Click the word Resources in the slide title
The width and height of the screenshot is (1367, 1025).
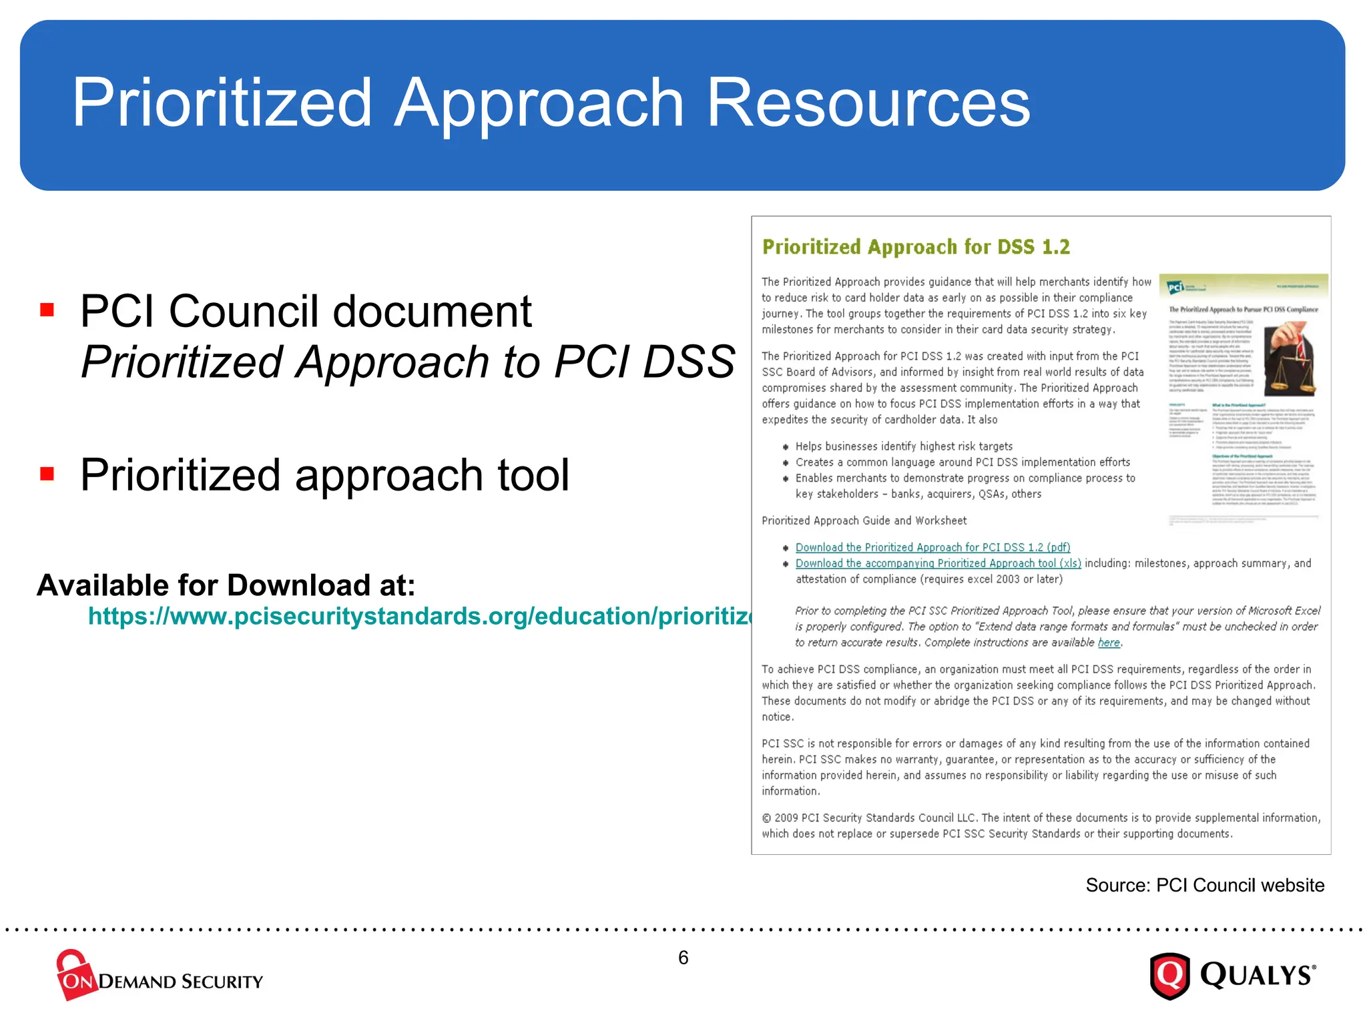point(868,103)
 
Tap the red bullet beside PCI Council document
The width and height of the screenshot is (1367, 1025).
point(47,310)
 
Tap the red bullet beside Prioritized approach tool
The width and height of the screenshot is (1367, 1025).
point(47,474)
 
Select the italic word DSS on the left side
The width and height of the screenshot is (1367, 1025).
point(688,362)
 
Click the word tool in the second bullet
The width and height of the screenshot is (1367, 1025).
point(533,475)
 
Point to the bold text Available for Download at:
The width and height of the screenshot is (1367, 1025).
point(226,585)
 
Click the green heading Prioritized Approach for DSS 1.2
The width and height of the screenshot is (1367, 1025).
point(916,247)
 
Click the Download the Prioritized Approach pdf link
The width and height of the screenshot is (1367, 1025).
point(932,547)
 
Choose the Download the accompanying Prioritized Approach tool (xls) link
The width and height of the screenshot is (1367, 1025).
point(938,563)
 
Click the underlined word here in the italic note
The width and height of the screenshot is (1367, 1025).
point(1109,643)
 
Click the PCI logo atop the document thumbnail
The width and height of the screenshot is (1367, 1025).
point(1176,288)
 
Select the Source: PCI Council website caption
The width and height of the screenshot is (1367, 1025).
point(1205,885)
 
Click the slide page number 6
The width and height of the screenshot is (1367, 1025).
point(683,958)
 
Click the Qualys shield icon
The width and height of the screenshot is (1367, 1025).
point(1169,976)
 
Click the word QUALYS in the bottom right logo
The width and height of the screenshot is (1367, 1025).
point(1256,976)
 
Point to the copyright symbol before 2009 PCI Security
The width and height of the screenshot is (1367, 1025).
point(766,818)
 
